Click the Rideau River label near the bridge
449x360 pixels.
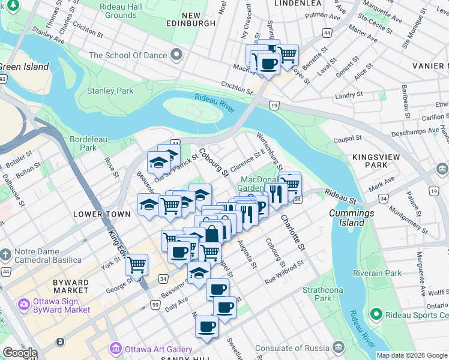(x=214, y=101)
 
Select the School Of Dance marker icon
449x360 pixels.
(x=176, y=55)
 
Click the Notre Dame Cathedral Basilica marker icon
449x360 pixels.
(x=5, y=255)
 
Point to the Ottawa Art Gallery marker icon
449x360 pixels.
(x=115, y=349)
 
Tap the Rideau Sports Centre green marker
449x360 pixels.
(x=376, y=314)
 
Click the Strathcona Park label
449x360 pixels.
(x=316, y=293)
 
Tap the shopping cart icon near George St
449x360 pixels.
(x=137, y=263)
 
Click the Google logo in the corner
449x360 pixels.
(x=20, y=353)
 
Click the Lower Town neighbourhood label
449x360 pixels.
(x=101, y=214)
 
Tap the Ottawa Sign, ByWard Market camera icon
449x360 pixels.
(x=25, y=305)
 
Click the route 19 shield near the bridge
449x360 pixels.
(x=274, y=106)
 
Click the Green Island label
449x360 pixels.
(x=24, y=67)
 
